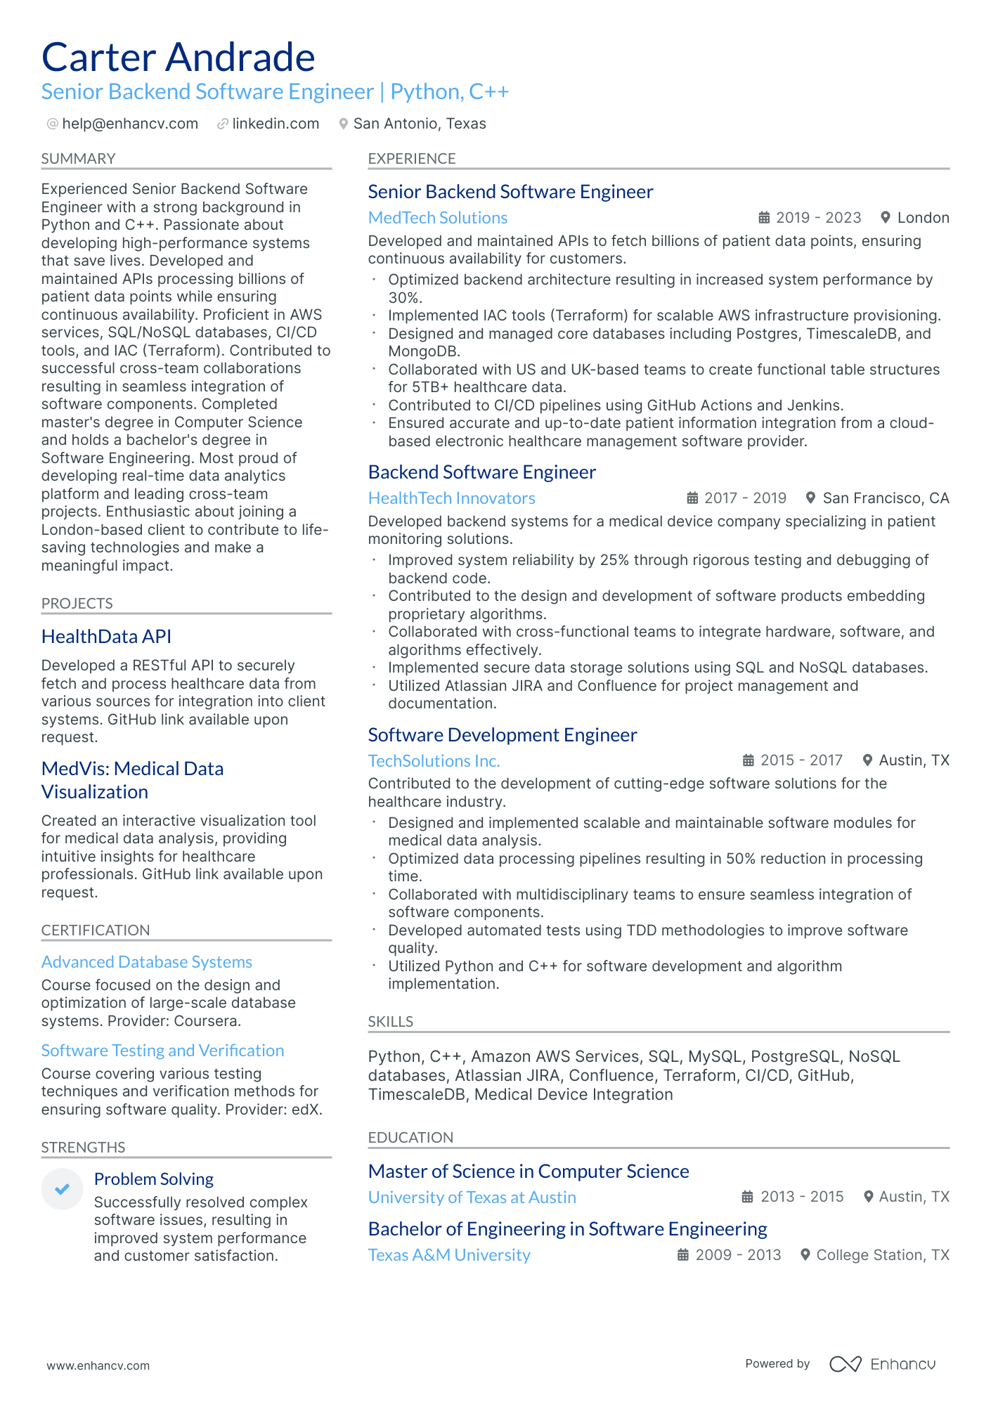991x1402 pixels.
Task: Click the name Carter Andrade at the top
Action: [178, 58]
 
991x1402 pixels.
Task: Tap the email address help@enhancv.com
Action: [130, 124]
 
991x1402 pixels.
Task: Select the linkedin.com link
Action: [276, 124]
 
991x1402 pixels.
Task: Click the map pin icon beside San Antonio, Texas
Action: [343, 124]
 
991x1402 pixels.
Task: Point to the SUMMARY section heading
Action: [78, 159]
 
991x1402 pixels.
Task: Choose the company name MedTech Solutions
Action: [437, 218]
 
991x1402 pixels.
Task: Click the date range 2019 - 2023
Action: [818, 218]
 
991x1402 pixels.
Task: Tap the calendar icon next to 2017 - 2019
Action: [692, 498]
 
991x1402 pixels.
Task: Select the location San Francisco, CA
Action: [886, 498]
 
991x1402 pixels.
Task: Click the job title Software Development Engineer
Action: [502, 735]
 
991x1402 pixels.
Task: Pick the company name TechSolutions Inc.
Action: [434, 761]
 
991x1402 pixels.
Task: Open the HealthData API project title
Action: [106, 637]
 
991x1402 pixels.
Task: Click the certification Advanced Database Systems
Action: [146, 962]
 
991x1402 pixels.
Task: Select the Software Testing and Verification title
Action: [162, 1051]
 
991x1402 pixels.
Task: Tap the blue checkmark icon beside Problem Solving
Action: [63, 1189]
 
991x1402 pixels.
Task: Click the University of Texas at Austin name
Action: [472, 1197]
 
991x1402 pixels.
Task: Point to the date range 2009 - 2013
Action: [738, 1255]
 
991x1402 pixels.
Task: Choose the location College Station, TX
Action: [883, 1255]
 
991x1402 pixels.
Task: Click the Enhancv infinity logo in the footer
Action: [845, 1364]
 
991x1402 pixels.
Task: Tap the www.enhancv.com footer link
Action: [98, 1365]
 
